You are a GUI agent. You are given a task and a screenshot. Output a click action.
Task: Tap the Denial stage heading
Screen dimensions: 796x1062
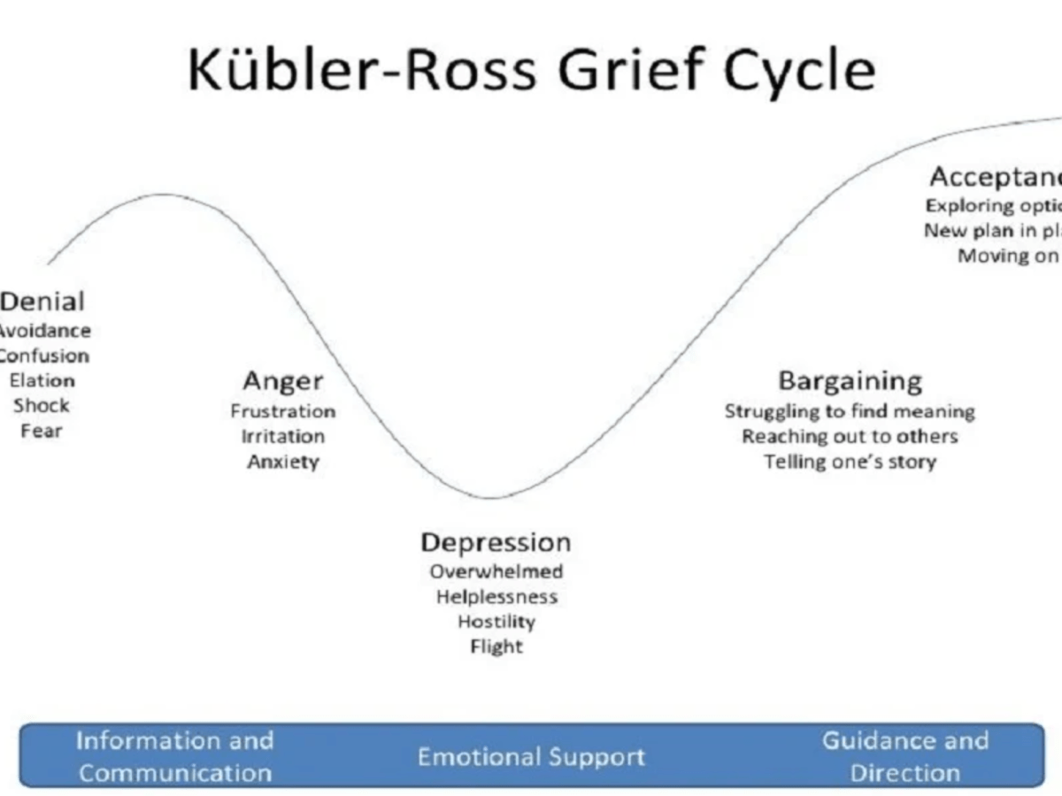point(42,302)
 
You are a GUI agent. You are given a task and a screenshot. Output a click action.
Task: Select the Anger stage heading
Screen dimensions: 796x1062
point(283,382)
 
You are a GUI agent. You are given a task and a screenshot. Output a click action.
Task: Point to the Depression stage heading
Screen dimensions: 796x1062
point(496,542)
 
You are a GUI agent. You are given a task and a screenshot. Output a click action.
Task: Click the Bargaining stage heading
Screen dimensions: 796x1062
point(850,382)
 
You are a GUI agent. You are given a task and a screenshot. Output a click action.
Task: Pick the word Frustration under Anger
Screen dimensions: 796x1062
point(283,411)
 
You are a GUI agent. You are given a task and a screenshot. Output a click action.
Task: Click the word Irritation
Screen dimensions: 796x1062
point(283,436)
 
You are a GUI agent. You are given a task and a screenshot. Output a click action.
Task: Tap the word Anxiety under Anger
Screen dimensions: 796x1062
point(283,462)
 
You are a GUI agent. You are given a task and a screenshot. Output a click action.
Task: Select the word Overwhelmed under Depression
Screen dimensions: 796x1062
point(496,571)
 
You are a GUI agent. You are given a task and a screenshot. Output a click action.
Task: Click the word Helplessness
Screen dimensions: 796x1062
point(496,597)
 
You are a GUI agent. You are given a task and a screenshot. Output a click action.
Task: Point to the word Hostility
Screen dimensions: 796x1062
point(496,622)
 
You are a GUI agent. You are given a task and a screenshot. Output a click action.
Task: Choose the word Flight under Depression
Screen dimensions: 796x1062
point(496,647)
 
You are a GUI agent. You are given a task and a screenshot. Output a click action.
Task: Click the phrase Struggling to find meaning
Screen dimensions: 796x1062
point(850,411)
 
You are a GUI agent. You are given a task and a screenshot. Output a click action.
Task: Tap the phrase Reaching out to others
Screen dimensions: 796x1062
point(850,436)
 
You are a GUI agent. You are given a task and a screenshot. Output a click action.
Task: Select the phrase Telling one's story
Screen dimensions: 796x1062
point(850,462)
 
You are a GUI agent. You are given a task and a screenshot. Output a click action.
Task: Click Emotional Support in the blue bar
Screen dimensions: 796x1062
point(531,757)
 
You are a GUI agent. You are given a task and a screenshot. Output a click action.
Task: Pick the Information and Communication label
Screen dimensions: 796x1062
point(175,756)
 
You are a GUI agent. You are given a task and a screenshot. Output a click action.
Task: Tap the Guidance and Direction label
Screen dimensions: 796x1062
point(905,756)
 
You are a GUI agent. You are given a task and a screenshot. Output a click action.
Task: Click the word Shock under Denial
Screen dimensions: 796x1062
point(41,406)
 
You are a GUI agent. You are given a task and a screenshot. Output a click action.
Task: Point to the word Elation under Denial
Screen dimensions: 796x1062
point(42,381)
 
